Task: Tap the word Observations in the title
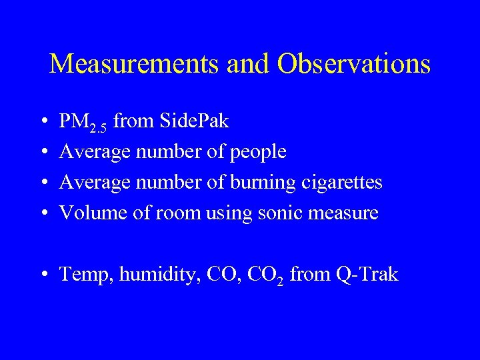(x=354, y=64)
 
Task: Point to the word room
(x=180, y=213)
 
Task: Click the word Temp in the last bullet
(x=85, y=274)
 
